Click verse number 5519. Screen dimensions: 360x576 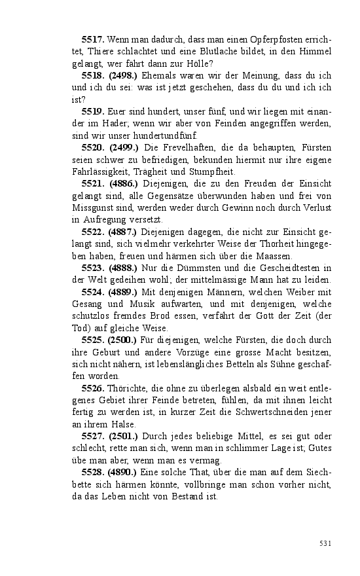pos(93,111)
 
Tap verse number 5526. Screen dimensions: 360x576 pos(93,388)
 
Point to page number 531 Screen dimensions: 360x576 pos(326,543)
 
